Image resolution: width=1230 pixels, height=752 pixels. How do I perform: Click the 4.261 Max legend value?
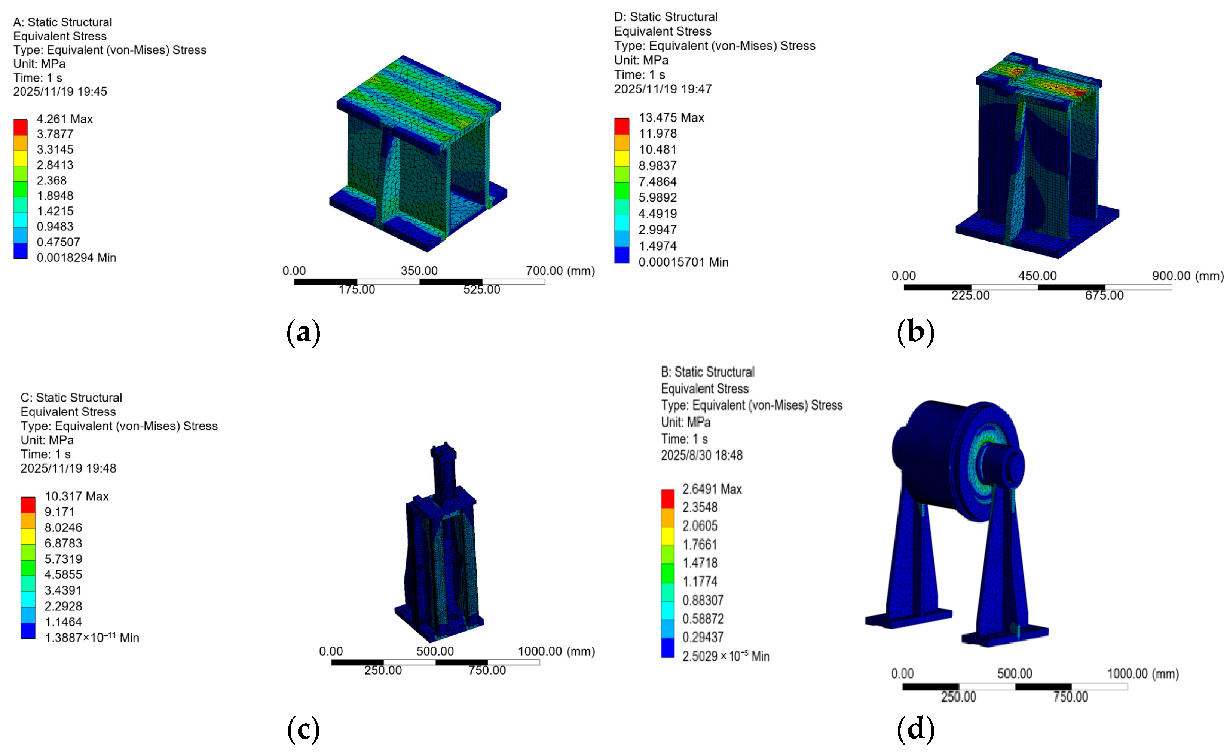click(64, 119)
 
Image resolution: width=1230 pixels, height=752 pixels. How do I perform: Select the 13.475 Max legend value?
click(671, 117)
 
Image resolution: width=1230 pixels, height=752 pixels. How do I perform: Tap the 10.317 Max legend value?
click(76, 496)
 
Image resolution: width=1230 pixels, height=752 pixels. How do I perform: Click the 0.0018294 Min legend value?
click(76, 258)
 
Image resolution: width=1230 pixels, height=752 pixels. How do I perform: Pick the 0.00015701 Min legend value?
click(683, 262)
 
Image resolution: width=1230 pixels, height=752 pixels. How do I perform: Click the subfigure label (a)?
click(303, 333)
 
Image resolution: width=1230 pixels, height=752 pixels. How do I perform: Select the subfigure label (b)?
click(915, 333)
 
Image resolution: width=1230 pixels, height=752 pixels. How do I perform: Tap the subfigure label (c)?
click(303, 729)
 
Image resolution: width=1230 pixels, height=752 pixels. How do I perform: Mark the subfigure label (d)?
click(915, 729)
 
